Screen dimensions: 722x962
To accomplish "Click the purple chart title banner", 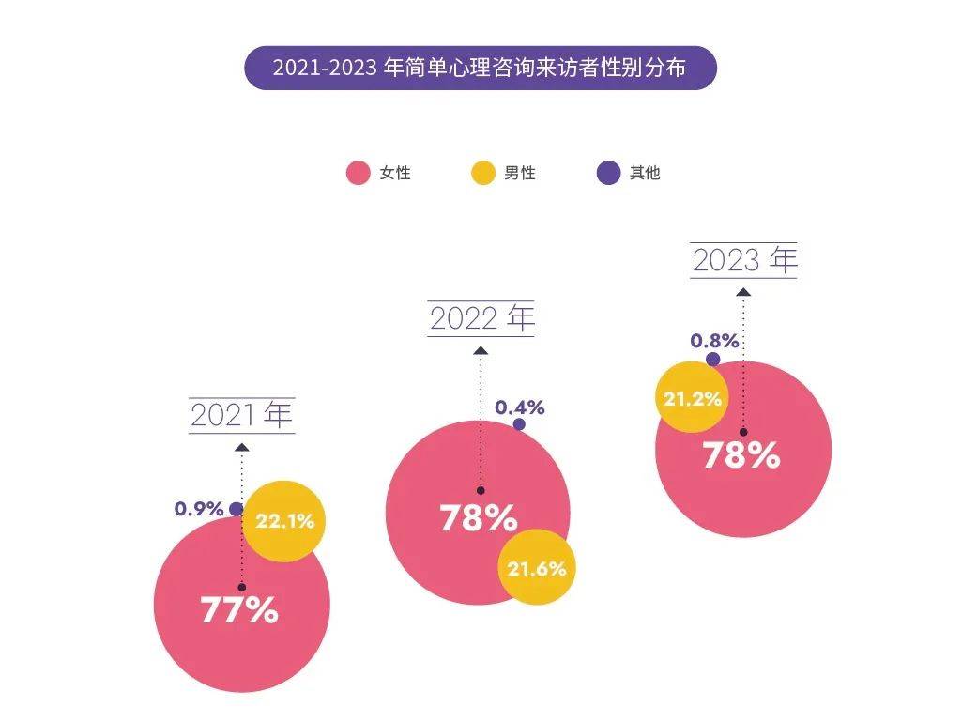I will click(481, 69).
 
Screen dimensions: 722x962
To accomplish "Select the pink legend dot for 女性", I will click(358, 173).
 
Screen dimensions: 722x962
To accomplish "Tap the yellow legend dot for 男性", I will click(482, 173).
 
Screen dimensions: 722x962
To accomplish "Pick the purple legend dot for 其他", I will click(609, 173).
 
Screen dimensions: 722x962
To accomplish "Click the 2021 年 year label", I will click(242, 415).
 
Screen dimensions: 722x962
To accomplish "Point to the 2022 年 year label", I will click(481, 318).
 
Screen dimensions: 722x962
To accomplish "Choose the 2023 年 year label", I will click(743, 260).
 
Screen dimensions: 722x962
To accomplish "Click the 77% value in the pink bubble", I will click(239, 610).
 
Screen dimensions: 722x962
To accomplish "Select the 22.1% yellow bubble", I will click(283, 520).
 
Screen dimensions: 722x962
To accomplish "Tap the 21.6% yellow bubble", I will click(536, 567).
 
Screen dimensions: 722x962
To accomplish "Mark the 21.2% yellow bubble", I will click(692, 398).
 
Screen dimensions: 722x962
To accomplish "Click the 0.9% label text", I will click(199, 509).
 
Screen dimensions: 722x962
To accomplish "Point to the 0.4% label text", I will click(519, 407).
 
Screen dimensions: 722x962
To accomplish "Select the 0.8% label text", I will click(714, 340).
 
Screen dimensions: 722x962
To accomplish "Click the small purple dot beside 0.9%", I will click(236, 509).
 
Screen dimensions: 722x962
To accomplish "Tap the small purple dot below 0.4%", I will click(519, 424).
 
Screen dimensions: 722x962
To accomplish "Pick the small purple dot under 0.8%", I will click(713, 359).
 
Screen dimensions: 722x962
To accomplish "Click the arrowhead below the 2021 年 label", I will click(242, 447).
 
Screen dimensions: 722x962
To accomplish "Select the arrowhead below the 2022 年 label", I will click(481, 350).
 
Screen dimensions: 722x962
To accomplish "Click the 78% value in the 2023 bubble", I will click(741, 456).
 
